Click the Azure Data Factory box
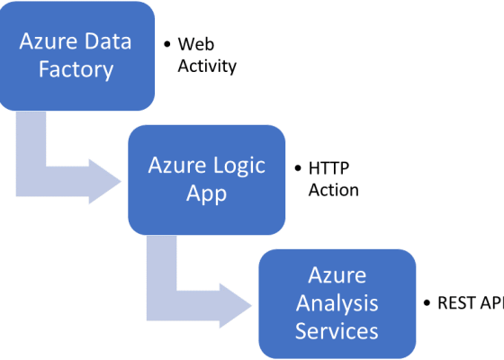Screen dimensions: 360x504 pos(77,54)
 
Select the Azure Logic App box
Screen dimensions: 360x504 pos(207,178)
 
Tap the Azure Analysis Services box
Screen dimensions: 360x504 pos(337,302)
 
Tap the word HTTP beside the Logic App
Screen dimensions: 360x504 pos(328,167)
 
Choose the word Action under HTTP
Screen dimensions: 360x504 pos(333,190)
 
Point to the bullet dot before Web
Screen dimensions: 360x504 pos(166,44)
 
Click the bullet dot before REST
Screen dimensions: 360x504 pos(427,303)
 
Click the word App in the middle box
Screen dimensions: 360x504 pos(207,193)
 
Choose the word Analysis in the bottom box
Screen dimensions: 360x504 pos(337,302)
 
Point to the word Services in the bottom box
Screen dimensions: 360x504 pos(337,330)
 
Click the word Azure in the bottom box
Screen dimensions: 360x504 pos(337,274)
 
